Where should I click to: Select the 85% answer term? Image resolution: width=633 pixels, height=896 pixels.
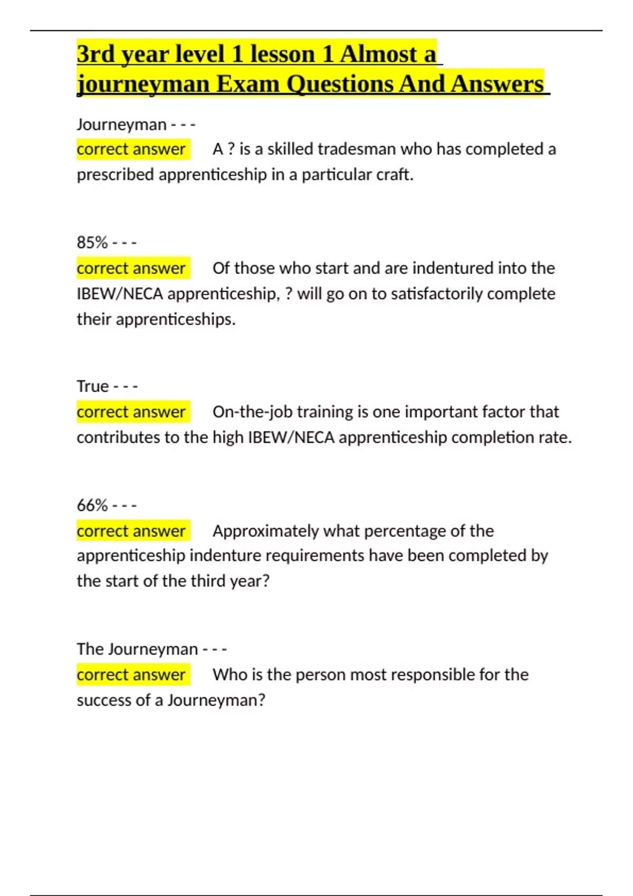[92, 242]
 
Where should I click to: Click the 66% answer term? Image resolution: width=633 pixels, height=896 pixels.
[92, 505]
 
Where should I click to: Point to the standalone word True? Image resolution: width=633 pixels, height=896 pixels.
[93, 386]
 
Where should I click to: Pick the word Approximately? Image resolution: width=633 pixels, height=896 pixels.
[265, 531]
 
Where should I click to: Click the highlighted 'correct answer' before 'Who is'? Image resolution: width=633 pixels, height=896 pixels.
[131, 675]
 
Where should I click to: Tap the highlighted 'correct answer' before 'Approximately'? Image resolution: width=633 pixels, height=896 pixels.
[131, 531]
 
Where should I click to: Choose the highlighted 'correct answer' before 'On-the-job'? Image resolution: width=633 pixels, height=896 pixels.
[131, 412]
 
